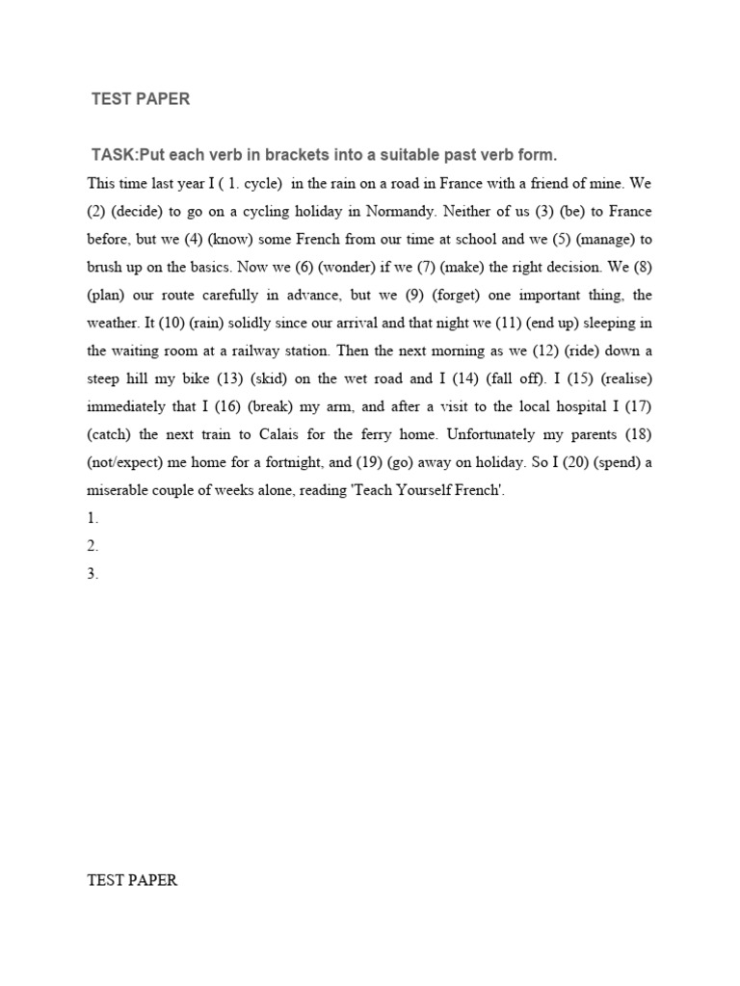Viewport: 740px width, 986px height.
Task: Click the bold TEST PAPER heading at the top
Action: point(140,99)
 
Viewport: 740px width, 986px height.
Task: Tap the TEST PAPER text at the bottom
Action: point(132,880)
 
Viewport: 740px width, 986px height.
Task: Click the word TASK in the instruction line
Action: point(115,155)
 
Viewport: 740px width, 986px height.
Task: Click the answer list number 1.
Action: point(92,518)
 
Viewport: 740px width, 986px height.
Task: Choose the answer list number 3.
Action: point(92,574)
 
